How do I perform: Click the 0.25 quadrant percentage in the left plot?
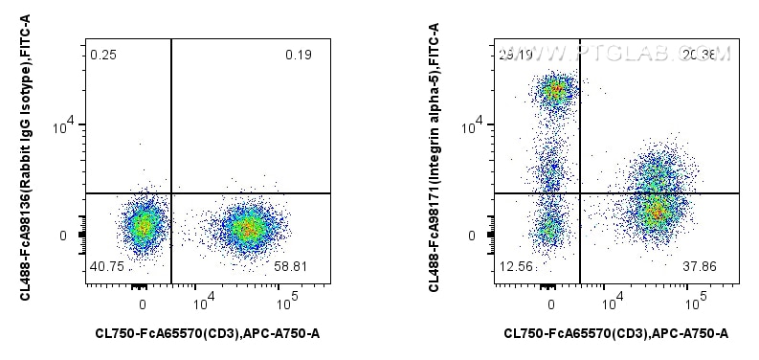pyautogui.click(x=102, y=55)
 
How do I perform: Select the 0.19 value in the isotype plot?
pyautogui.click(x=298, y=55)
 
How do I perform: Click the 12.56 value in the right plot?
pyautogui.click(x=515, y=268)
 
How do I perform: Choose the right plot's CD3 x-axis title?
pyautogui.click(x=616, y=333)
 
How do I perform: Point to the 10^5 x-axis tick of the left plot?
pyautogui.click(x=285, y=304)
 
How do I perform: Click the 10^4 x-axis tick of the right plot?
pyautogui.click(x=609, y=304)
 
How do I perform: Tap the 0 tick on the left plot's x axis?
pyautogui.click(x=143, y=304)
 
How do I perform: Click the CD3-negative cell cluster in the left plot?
pyautogui.click(x=143, y=226)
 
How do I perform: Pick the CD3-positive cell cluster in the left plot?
pyautogui.click(x=247, y=228)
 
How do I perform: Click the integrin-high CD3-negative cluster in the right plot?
pyautogui.click(x=554, y=92)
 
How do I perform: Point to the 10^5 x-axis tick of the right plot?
pyautogui.click(x=694, y=304)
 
